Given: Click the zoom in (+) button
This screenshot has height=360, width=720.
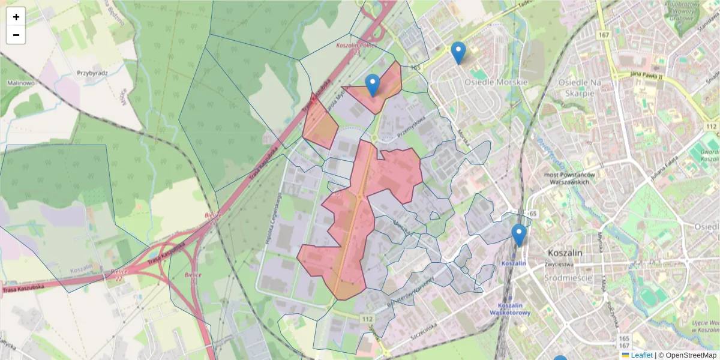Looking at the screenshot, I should [x=16, y=17].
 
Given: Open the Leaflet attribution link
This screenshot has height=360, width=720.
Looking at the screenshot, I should [x=641, y=355].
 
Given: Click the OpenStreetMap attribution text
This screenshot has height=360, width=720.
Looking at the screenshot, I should [x=691, y=355].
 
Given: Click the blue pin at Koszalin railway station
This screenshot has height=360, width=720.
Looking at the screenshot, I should [x=519, y=235].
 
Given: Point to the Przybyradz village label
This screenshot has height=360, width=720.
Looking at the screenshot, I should [x=92, y=73].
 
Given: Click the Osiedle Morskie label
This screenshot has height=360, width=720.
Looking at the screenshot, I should [x=502, y=82].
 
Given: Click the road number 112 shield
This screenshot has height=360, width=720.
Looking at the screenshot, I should [x=367, y=317].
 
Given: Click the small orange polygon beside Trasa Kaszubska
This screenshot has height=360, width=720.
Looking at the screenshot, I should [x=320, y=123].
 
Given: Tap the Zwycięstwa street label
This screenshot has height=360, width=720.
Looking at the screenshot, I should [x=560, y=264].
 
